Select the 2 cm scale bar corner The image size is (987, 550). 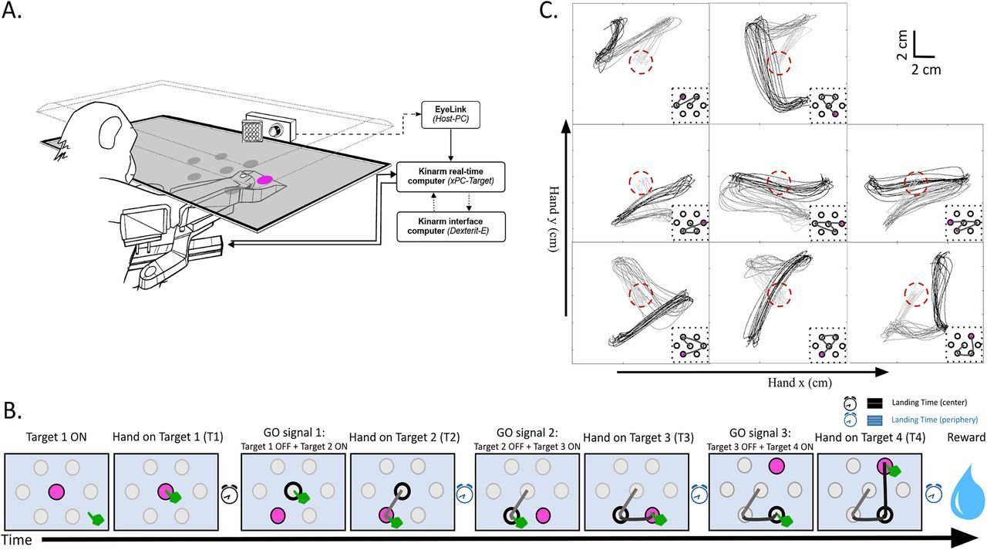[x=915, y=56]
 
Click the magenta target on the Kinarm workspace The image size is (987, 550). [x=264, y=179]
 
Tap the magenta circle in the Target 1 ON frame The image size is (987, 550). [x=56, y=491]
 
